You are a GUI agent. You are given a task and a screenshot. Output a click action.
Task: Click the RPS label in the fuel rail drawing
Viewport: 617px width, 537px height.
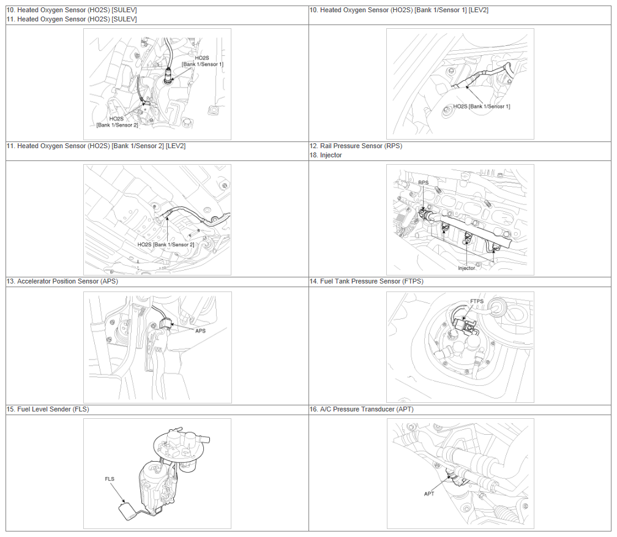coord(424,182)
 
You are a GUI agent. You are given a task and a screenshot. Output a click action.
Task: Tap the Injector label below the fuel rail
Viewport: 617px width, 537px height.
coord(466,268)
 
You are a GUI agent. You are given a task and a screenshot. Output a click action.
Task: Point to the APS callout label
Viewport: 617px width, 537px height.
coord(200,331)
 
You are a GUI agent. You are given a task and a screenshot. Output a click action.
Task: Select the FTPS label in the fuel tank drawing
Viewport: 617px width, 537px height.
coord(477,301)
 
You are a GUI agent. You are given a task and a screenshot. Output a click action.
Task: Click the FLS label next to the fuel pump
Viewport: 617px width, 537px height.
coord(110,479)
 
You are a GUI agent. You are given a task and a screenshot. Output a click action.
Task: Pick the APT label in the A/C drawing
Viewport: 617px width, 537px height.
coord(429,494)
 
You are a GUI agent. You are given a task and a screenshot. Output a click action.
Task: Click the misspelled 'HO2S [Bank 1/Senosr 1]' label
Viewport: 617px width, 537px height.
coord(482,107)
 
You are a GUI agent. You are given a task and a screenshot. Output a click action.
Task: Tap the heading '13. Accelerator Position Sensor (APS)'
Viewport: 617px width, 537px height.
coord(62,281)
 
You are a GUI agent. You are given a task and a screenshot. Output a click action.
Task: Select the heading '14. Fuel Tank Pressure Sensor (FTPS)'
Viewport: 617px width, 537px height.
coord(366,281)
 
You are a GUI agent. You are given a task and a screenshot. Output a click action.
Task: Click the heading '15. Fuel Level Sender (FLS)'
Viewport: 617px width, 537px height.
coord(48,409)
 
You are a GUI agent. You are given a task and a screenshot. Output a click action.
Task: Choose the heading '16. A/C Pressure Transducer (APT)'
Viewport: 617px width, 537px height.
coord(362,409)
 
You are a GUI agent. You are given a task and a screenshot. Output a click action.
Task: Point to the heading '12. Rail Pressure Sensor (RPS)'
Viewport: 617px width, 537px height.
coord(356,146)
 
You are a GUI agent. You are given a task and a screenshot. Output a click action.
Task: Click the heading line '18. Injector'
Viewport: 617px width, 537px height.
coord(326,155)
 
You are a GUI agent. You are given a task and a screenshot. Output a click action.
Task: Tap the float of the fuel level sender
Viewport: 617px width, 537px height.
coord(127,511)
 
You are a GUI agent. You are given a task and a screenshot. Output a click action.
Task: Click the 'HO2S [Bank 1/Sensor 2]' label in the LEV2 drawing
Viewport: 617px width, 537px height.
coord(166,244)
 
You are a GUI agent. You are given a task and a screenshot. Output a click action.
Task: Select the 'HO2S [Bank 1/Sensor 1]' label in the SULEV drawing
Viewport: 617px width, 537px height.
coord(202,61)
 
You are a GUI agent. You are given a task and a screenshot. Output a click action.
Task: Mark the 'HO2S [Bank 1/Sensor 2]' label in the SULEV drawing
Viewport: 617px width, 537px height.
coord(117,122)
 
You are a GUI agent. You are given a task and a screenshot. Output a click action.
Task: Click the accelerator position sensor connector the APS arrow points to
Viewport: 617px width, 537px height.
coord(166,323)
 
